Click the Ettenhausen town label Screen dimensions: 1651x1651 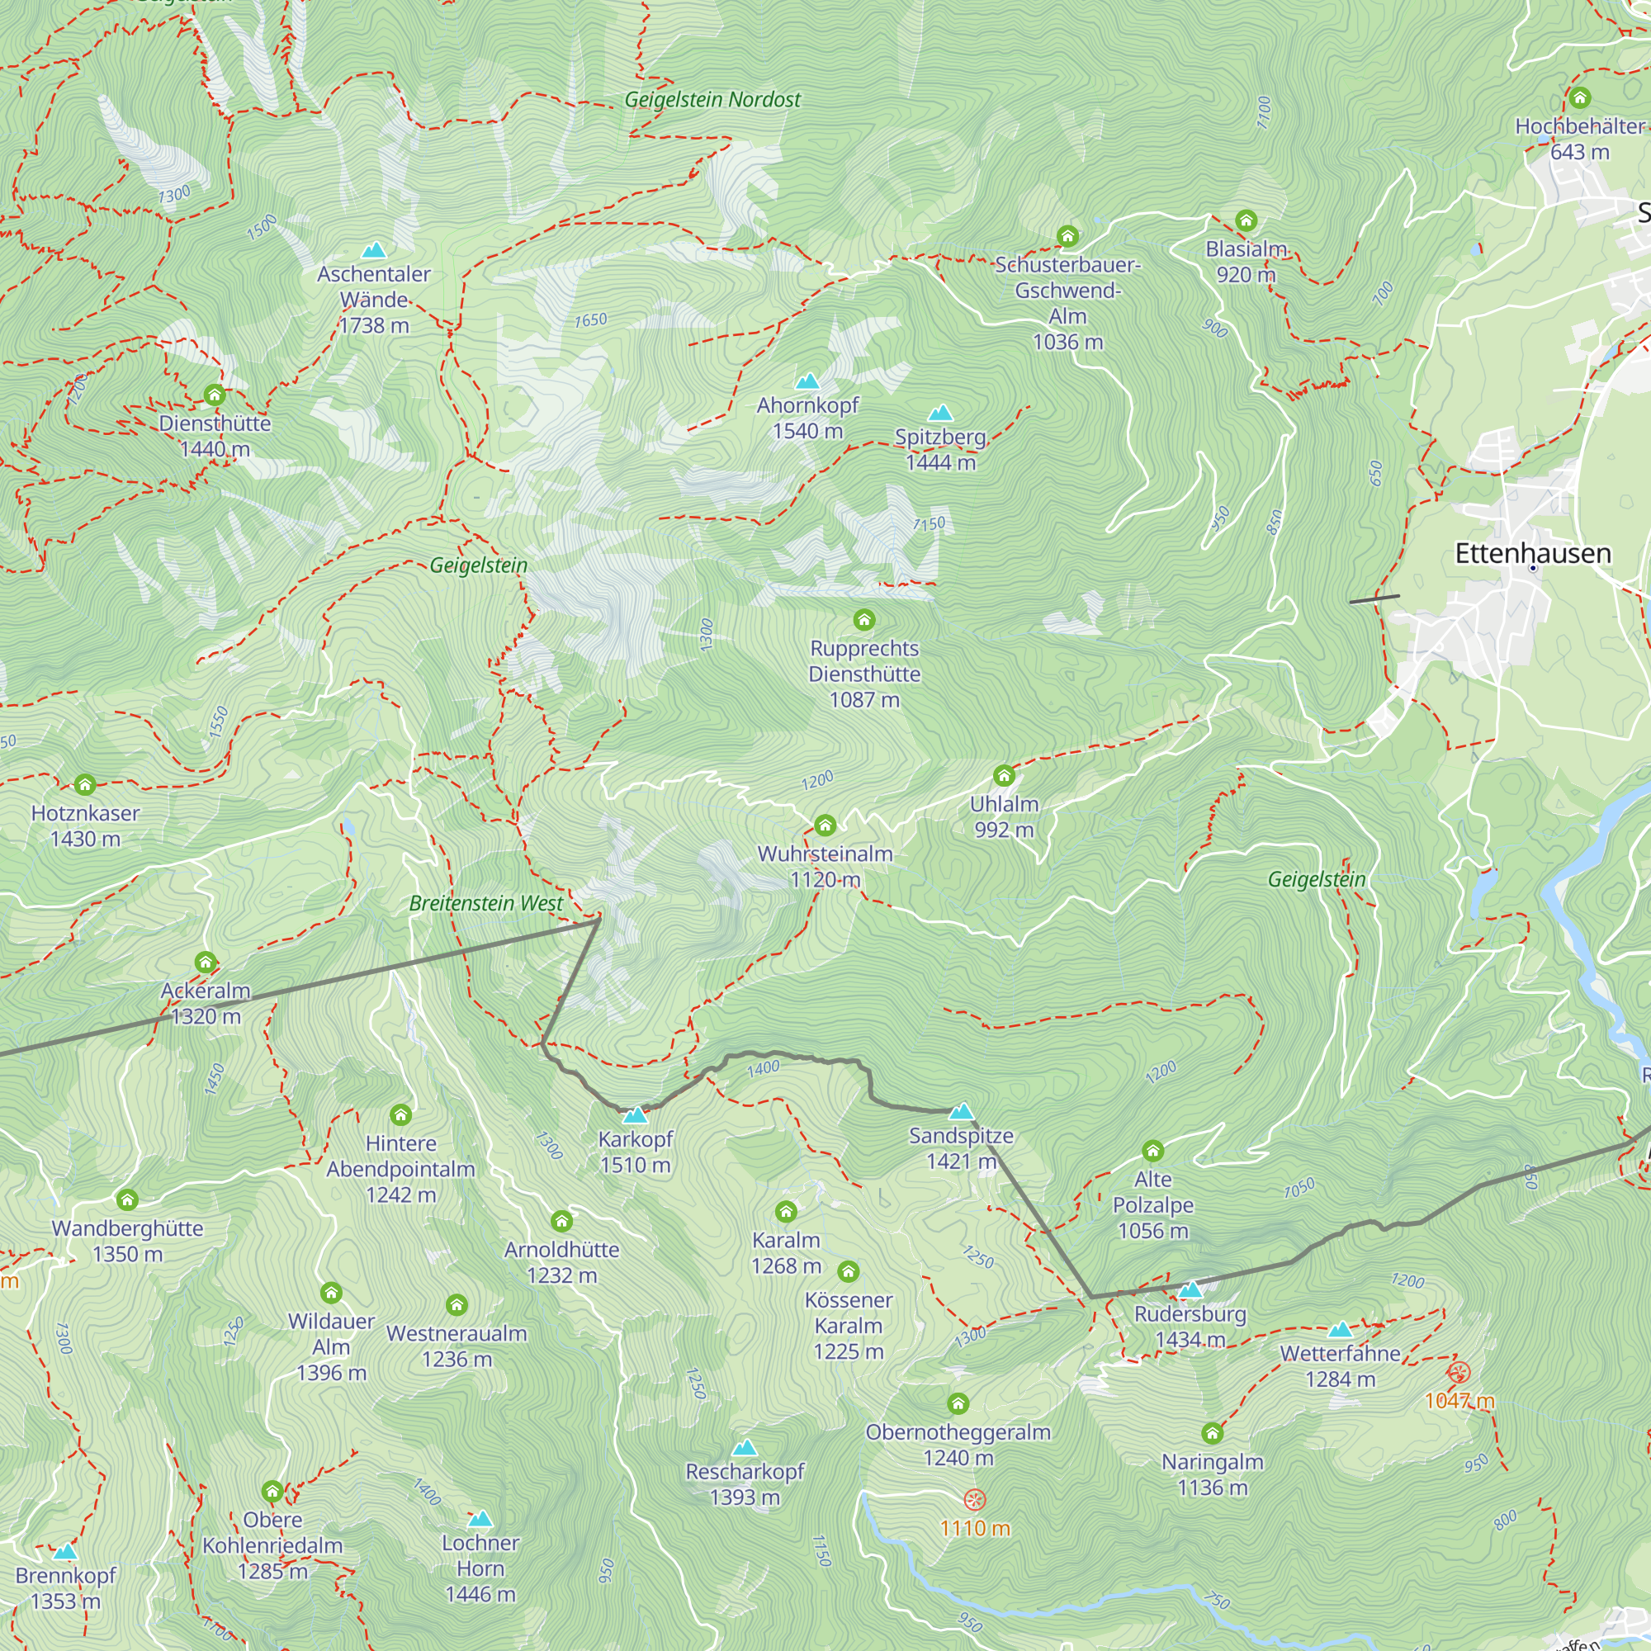1532,553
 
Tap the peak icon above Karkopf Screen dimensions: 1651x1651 635,1115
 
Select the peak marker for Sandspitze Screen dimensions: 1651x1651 962,1111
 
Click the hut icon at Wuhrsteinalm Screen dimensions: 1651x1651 825,825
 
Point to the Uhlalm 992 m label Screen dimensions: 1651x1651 1004,816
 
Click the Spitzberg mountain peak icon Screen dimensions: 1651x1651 940,414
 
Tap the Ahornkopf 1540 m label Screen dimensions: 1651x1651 807,418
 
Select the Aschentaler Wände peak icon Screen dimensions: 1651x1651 373,250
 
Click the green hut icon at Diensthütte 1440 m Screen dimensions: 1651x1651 215,395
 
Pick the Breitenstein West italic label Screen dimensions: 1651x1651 485,903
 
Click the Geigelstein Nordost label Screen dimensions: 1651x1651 712,100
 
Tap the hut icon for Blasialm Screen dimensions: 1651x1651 1246,221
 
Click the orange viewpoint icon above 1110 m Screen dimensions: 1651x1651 974,1500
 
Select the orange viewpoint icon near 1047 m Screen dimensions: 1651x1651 1459,1373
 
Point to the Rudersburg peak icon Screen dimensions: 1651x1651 1190,1289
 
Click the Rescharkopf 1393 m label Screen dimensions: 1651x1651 745,1483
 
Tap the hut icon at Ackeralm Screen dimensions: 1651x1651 205,963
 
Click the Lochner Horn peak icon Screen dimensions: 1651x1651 480,1519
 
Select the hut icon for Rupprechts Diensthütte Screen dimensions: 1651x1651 864,620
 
